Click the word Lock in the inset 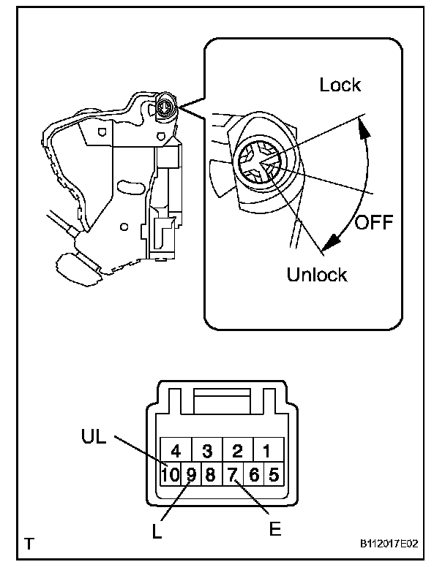click(340, 85)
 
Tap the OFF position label click(373, 221)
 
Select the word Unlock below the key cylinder click(317, 275)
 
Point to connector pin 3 click(207, 450)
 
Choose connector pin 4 click(176, 450)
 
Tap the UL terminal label click(94, 438)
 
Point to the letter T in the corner click(29, 544)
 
